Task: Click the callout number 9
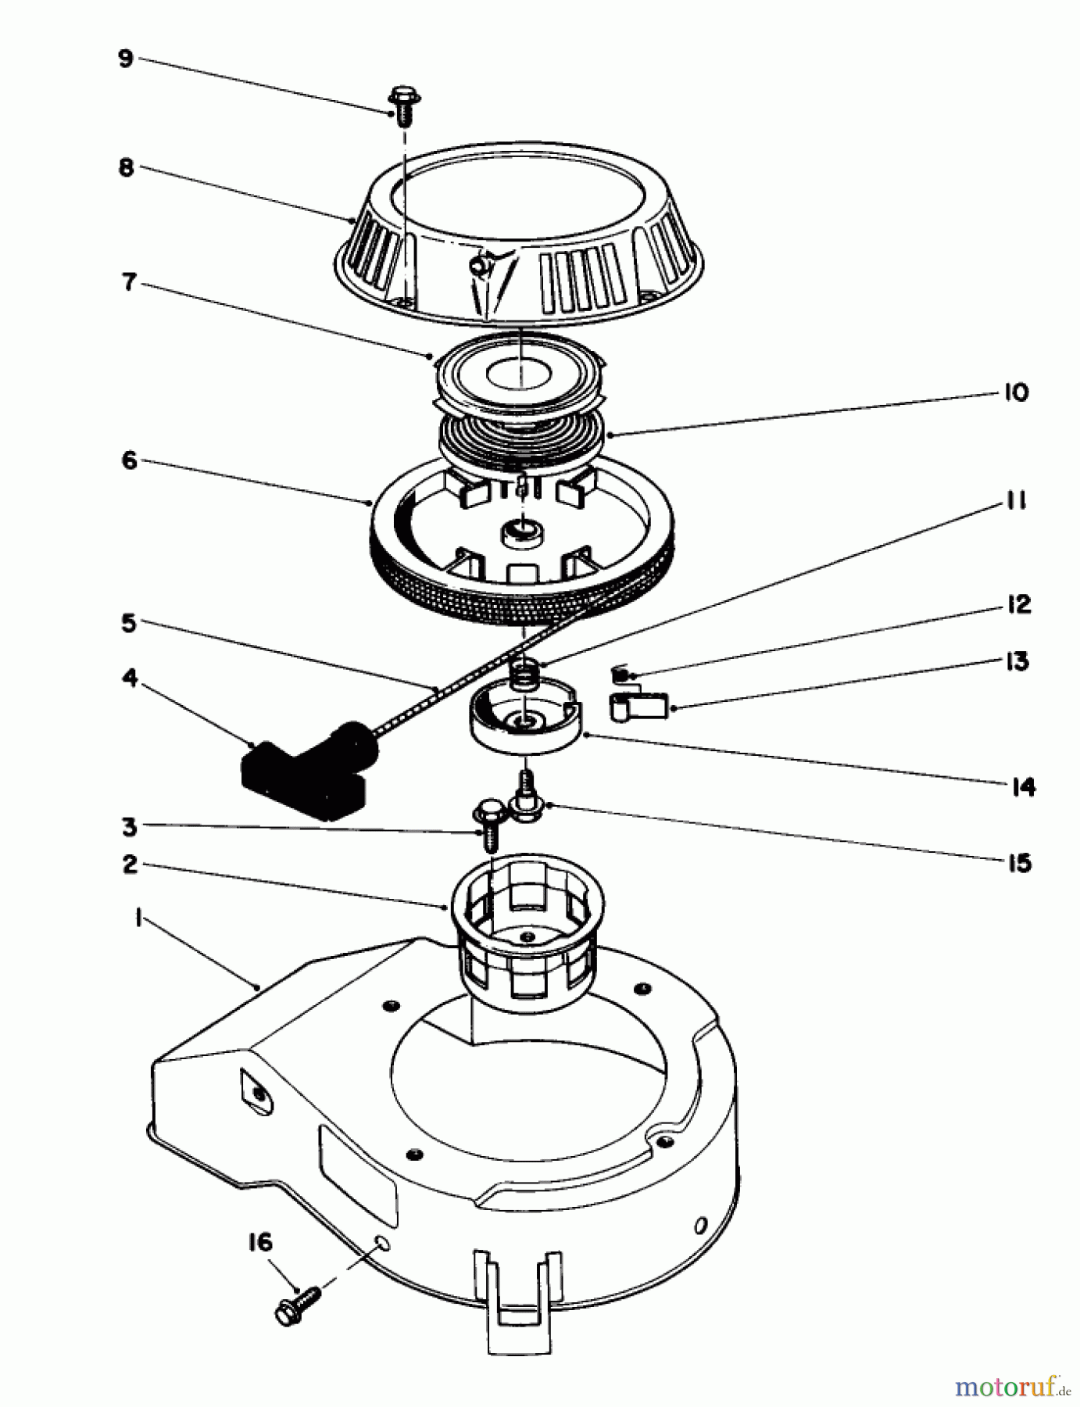[126, 60]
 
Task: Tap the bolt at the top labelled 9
[403, 106]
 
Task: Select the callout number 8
[126, 168]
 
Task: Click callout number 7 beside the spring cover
[127, 281]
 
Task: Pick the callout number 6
[129, 460]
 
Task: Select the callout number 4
[130, 678]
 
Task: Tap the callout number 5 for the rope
[128, 624]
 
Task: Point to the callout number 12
[1017, 604]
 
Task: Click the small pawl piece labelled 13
[639, 707]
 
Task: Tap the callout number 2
[130, 865]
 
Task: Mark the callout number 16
[260, 1242]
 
